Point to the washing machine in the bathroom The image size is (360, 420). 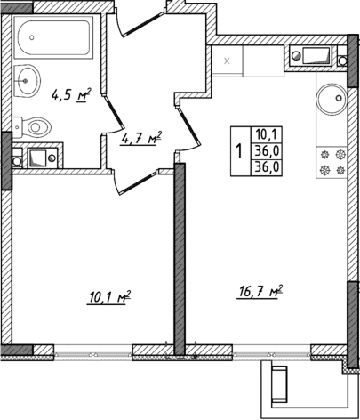pos(38,159)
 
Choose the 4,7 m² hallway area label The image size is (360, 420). pos(140,139)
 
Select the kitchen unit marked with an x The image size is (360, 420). pos(227,61)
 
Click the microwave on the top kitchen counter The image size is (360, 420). pos(313,59)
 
